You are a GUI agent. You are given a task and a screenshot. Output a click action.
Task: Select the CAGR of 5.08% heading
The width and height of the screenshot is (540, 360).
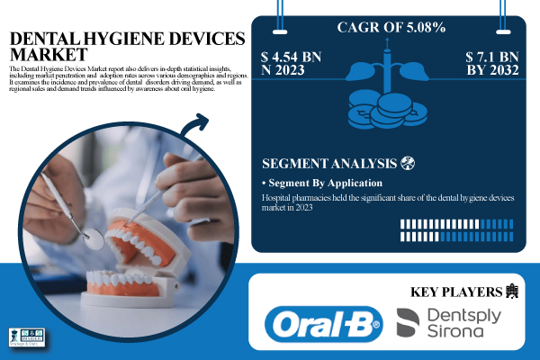click(391, 28)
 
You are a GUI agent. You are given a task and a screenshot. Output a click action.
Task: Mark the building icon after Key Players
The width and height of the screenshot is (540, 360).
click(514, 290)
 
